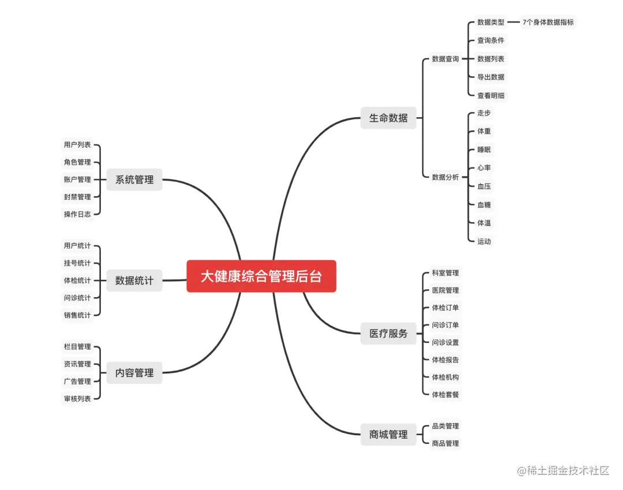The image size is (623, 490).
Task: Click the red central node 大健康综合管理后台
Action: pyautogui.click(x=261, y=276)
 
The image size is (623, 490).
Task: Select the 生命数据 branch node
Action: pyautogui.click(x=388, y=118)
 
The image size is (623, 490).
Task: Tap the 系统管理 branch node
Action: pyautogui.click(x=134, y=179)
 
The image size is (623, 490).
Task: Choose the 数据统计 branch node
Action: pyautogui.click(x=134, y=280)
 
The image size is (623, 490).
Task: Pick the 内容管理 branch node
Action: pyautogui.click(x=134, y=373)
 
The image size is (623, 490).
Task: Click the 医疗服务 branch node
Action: pyautogui.click(x=388, y=334)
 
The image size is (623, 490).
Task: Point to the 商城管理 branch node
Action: pyautogui.click(x=388, y=435)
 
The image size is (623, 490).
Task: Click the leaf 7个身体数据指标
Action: pyautogui.click(x=548, y=23)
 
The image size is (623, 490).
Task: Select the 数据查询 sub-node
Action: pyautogui.click(x=445, y=59)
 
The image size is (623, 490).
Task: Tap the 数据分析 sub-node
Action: pyautogui.click(x=445, y=177)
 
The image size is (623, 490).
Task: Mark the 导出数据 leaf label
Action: pyautogui.click(x=490, y=77)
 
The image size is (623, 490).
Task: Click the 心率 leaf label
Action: pyautogui.click(x=484, y=168)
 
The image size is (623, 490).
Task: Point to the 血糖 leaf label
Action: pyautogui.click(x=484, y=204)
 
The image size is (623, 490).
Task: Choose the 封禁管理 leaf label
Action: pyautogui.click(x=77, y=197)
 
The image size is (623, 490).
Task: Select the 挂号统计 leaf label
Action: pyautogui.click(x=77, y=263)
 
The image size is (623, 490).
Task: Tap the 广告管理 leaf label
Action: pyautogui.click(x=77, y=381)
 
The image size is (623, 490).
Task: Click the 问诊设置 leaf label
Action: pyautogui.click(x=445, y=342)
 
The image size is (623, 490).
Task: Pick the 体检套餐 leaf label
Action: pyautogui.click(x=445, y=394)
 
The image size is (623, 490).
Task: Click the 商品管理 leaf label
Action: pyautogui.click(x=445, y=443)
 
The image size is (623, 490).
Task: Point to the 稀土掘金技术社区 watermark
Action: pyautogui.click(x=564, y=471)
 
